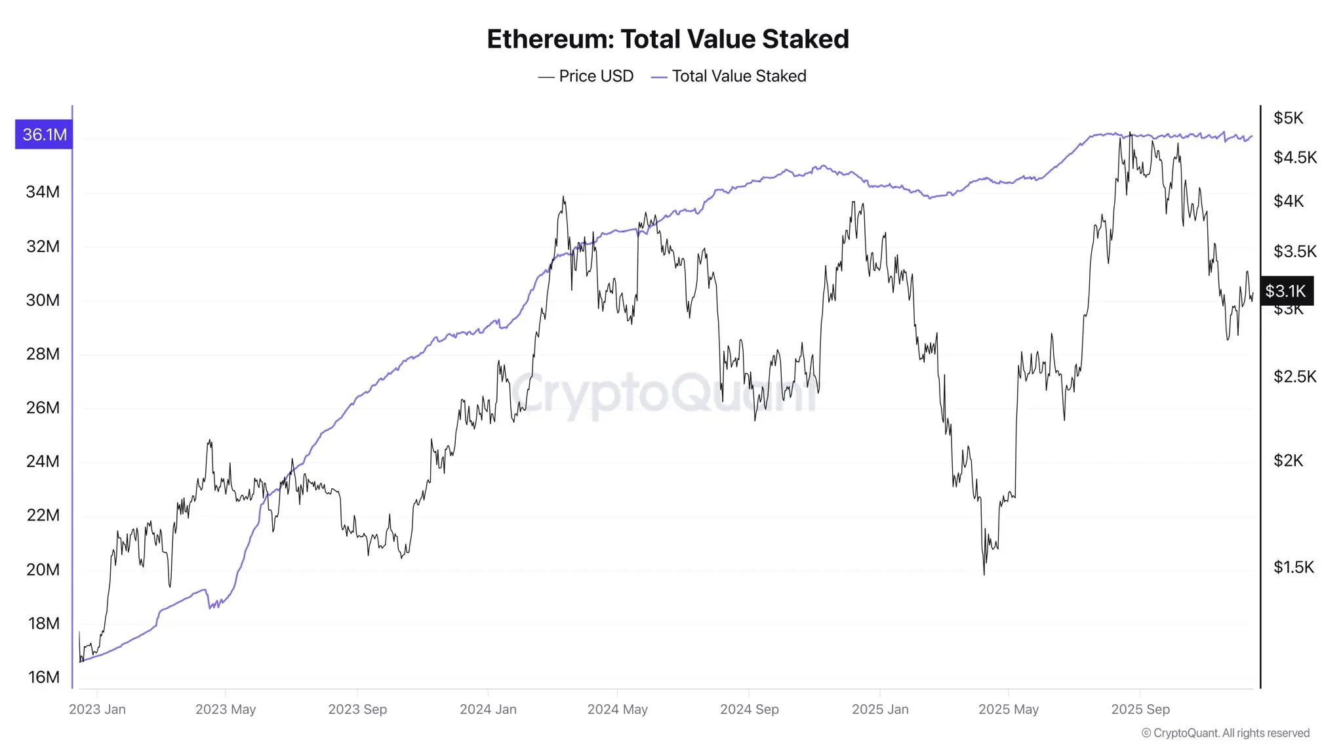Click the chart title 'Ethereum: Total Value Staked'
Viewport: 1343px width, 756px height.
[x=668, y=39]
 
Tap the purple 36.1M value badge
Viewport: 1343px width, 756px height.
[x=44, y=135]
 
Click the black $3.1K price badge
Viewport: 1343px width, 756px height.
[x=1286, y=291]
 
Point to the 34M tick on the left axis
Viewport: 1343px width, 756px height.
[x=43, y=192]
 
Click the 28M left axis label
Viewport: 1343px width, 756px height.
[x=43, y=354]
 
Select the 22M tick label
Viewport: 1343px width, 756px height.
[x=43, y=515]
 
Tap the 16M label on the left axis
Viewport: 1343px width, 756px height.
[x=43, y=677]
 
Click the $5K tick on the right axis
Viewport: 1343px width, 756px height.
[x=1288, y=118]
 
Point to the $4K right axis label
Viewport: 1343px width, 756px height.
[x=1288, y=201]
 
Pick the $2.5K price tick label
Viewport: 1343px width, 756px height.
[x=1294, y=377]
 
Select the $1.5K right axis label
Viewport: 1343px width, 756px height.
[x=1293, y=567]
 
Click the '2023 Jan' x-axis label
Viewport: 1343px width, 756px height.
[x=97, y=709]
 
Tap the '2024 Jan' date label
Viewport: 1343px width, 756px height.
[x=488, y=709]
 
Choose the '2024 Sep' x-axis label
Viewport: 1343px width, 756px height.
[x=749, y=709]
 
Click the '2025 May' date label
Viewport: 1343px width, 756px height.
[x=1008, y=709]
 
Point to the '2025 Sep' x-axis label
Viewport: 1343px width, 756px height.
[x=1140, y=709]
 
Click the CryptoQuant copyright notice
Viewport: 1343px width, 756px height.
[x=1225, y=733]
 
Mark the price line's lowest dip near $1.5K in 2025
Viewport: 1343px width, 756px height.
[x=984, y=574]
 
